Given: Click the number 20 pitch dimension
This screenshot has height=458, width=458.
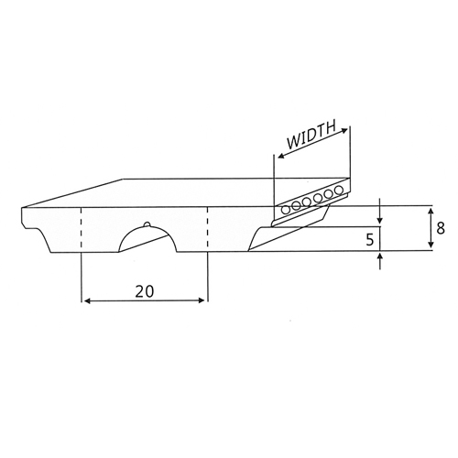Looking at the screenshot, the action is pyautogui.click(x=145, y=291).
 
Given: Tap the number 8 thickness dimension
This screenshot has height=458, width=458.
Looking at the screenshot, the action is pyautogui.click(x=441, y=228).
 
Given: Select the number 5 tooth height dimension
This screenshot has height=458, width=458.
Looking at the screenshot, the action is pyautogui.click(x=369, y=240).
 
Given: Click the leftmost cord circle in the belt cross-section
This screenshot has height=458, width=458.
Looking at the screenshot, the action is pyautogui.click(x=286, y=210).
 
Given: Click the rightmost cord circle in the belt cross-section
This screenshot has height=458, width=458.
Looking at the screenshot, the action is pyautogui.click(x=338, y=191).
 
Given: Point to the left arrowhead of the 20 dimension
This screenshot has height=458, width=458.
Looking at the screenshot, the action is pyautogui.click(x=87, y=301).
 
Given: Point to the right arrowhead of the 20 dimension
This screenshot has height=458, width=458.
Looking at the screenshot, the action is pyautogui.click(x=202, y=300).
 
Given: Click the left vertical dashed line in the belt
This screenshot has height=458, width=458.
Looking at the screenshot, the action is pyautogui.click(x=82, y=227).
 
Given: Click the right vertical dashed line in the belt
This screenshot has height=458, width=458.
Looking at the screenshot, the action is pyautogui.click(x=208, y=227).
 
